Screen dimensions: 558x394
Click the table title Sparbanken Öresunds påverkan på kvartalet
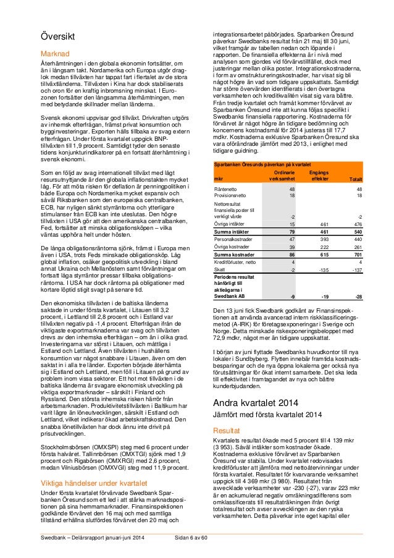(x=262, y=164)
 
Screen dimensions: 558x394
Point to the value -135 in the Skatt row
(x=323, y=270)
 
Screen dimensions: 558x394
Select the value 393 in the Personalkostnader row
(x=325, y=237)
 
